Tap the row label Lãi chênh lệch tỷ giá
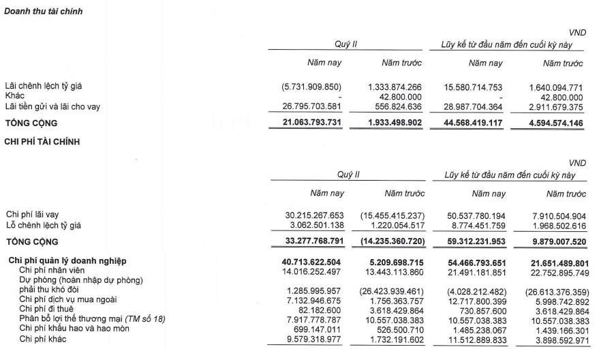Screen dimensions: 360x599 [x=48, y=87]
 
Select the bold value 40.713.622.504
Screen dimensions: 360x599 [x=304, y=261]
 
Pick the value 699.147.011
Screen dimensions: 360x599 [x=314, y=328]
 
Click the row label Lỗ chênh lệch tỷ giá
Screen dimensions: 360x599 [x=48, y=224]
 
